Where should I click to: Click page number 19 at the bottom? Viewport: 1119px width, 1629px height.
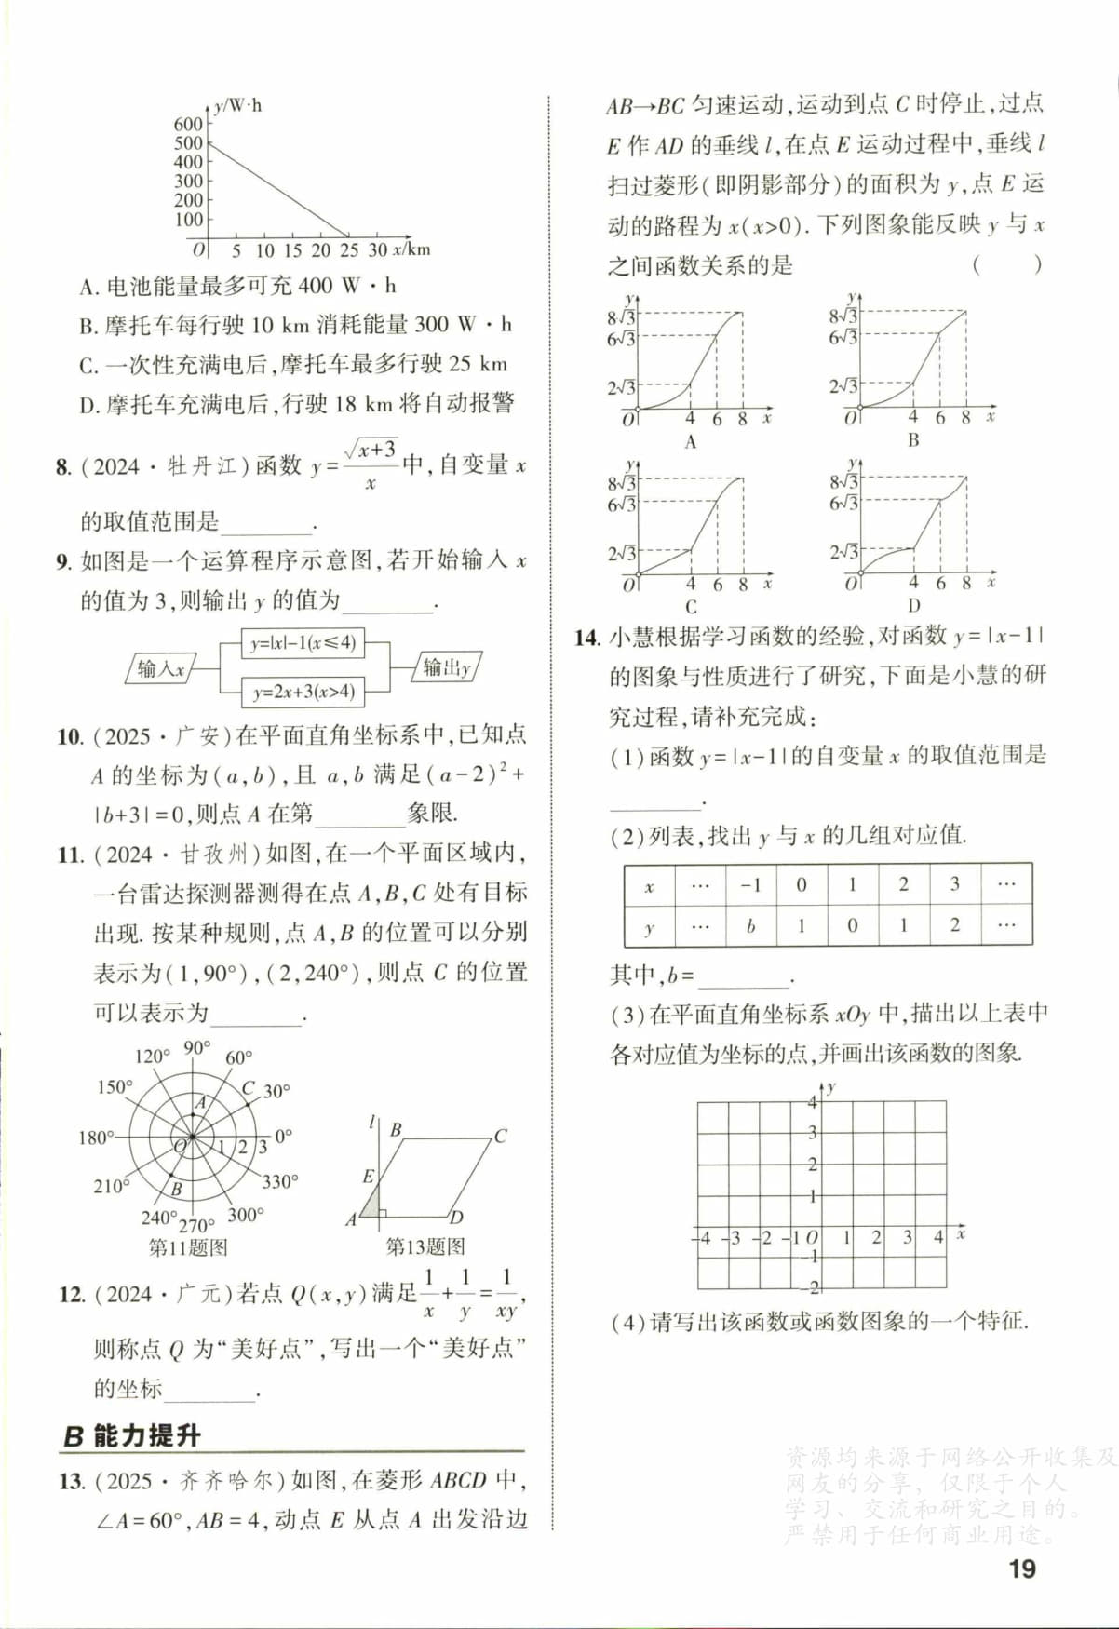click(1021, 1568)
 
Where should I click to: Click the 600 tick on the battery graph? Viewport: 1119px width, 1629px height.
click(188, 124)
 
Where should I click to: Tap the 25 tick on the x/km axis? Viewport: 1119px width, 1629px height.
click(349, 250)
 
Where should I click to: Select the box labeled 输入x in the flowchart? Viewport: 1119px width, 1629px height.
click(161, 668)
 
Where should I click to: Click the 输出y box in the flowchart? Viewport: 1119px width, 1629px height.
click(447, 667)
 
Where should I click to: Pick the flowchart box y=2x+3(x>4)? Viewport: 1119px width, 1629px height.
click(303, 692)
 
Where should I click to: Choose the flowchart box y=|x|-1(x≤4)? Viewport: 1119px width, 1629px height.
click(303, 642)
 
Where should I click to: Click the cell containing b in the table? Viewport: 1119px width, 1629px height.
click(750, 926)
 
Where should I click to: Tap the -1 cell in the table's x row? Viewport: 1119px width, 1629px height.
click(750, 884)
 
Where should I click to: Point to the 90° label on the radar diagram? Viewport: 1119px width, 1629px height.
click(196, 1048)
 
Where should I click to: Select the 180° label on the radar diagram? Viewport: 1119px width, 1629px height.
click(96, 1138)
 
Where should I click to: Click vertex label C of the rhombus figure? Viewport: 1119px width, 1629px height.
click(501, 1136)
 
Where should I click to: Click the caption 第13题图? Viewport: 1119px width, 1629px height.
click(425, 1246)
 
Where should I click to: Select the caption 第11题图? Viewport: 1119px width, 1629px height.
click(188, 1247)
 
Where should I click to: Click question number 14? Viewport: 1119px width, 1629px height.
click(586, 638)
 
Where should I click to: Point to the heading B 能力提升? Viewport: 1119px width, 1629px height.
click(131, 1435)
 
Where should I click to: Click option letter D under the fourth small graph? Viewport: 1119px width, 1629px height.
click(913, 605)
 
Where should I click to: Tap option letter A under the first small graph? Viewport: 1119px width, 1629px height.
click(690, 442)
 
